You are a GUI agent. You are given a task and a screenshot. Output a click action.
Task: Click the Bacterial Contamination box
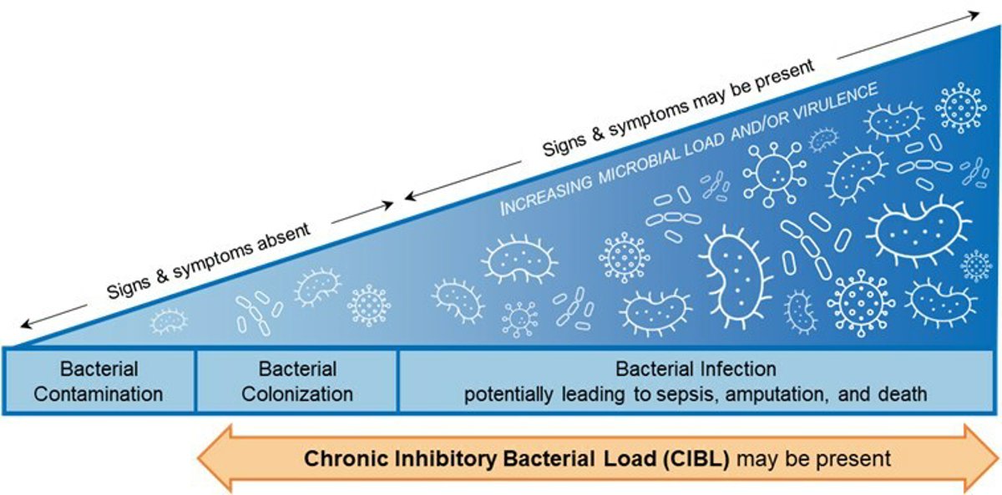(99, 381)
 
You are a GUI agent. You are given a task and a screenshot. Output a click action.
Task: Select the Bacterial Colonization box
(297, 381)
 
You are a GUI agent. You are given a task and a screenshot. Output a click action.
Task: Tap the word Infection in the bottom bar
(736, 368)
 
